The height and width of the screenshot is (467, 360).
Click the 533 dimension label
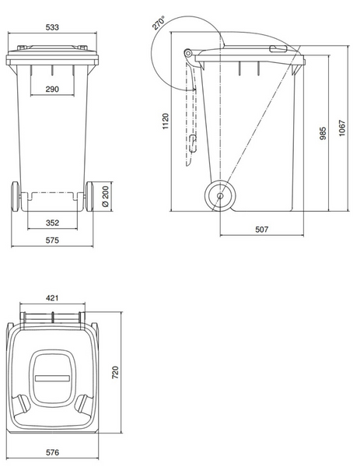pos(51,27)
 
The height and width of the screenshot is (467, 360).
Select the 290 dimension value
pos(51,90)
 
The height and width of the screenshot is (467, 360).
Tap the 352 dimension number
pos(51,223)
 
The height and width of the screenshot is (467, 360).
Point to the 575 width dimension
pos(51,241)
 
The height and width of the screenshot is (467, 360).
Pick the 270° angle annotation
pos(159,23)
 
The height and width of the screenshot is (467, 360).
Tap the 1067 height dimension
pos(341,128)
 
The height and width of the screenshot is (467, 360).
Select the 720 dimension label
pos(116,374)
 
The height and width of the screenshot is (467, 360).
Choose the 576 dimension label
pos(51,451)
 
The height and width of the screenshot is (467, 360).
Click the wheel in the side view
pos(220,196)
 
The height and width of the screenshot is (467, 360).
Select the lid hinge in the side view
pos(189,54)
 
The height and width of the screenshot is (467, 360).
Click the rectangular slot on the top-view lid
pos(52,379)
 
